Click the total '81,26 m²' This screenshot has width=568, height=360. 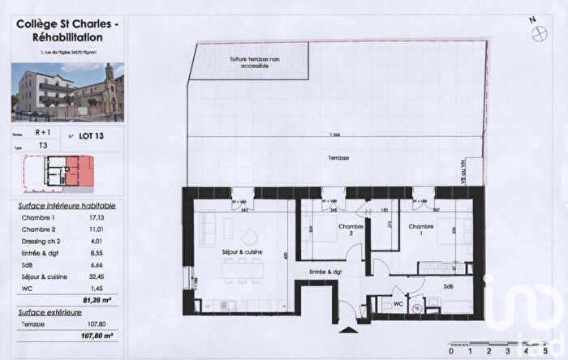100,298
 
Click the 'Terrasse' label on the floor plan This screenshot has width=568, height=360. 338,157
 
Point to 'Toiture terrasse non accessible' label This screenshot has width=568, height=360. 250,61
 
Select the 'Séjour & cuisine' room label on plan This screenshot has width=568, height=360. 243,252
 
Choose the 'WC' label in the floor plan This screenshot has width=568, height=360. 398,304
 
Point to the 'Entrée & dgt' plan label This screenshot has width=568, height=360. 325,272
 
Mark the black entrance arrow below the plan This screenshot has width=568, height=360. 349,330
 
